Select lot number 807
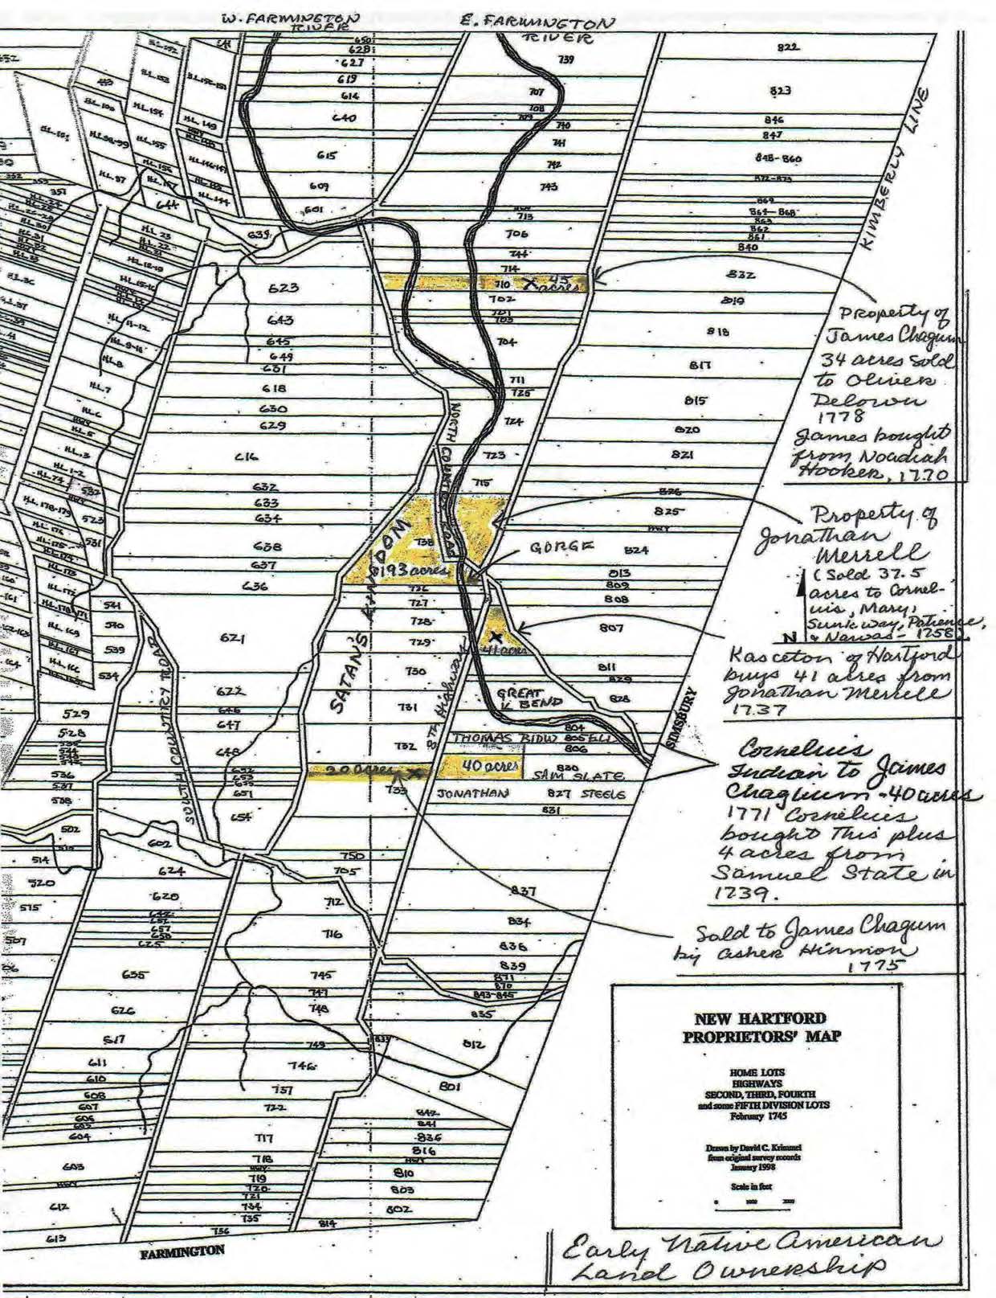(x=612, y=628)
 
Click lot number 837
(x=525, y=891)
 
